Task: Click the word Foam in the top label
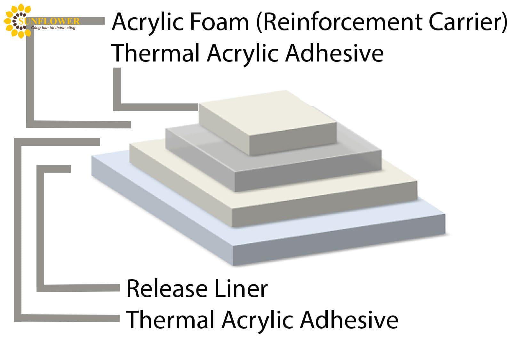(x=219, y=22)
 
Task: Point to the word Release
(x=167, y=289)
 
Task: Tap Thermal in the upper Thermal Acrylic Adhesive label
(x=156, y=53)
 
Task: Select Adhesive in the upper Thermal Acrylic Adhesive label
(x=334, y=53)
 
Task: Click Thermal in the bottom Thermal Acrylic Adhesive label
(x=170, y=320)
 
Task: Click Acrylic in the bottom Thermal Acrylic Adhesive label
(x=257, y=321)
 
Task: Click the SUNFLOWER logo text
(x=49, y=21)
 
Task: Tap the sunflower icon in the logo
(x=17, y=21)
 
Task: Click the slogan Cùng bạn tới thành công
(x=53, y=28)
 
